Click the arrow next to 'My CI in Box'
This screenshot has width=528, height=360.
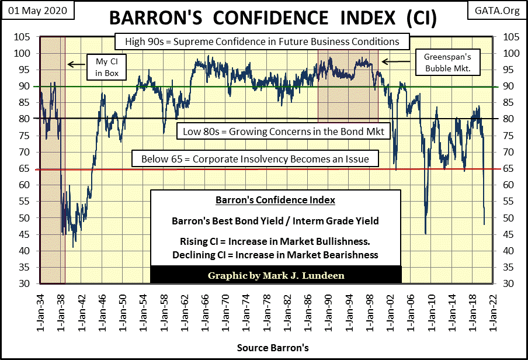point(73,64)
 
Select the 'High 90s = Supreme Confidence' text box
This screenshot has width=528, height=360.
point(261,42)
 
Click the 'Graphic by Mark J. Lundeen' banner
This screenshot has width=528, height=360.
point(276,275)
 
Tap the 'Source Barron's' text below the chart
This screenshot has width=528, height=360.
point(273,348)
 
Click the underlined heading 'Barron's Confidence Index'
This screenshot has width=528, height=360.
point(276,200)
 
